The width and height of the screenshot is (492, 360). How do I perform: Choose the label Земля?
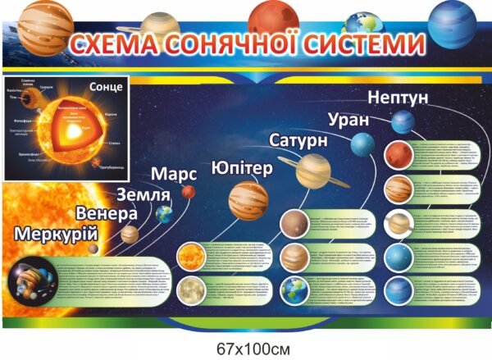[143, 196]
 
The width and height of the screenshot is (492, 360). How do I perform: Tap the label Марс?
[175, 175]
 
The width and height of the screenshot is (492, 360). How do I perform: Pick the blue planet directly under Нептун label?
[401, 122]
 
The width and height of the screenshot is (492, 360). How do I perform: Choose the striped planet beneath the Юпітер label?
[248, 200]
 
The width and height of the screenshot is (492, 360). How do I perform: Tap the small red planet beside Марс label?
[188, 192]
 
